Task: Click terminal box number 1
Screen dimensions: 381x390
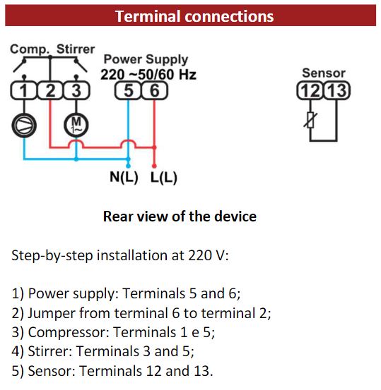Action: point(24,90)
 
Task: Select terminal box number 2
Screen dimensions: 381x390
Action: point(50,90)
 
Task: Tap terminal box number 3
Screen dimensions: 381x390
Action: point(76,90)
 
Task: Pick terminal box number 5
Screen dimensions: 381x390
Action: point(128,90)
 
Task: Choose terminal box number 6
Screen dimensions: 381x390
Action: point(155,90)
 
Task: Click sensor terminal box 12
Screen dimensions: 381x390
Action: point(310,90)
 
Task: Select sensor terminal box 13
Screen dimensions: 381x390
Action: point(337,90)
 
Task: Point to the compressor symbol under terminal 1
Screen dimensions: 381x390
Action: point(24,125)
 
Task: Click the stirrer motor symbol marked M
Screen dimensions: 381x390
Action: point(76,125)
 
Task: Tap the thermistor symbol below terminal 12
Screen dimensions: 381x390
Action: point(310,120)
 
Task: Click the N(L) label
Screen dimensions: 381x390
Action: point(124,177)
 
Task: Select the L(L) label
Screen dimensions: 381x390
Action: point(164,177)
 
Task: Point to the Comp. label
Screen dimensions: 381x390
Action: point(30,49)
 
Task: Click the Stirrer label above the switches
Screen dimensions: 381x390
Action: point(76,49)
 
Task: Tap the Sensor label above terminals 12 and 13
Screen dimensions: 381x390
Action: point(324,73)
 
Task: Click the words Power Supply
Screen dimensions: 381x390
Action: point(146,60)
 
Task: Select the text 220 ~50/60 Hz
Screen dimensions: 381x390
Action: point(148,74)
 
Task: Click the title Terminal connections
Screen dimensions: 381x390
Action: point(194,16)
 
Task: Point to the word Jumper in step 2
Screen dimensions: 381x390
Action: point(52,313)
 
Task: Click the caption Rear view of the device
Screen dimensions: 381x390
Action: point(180,216)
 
